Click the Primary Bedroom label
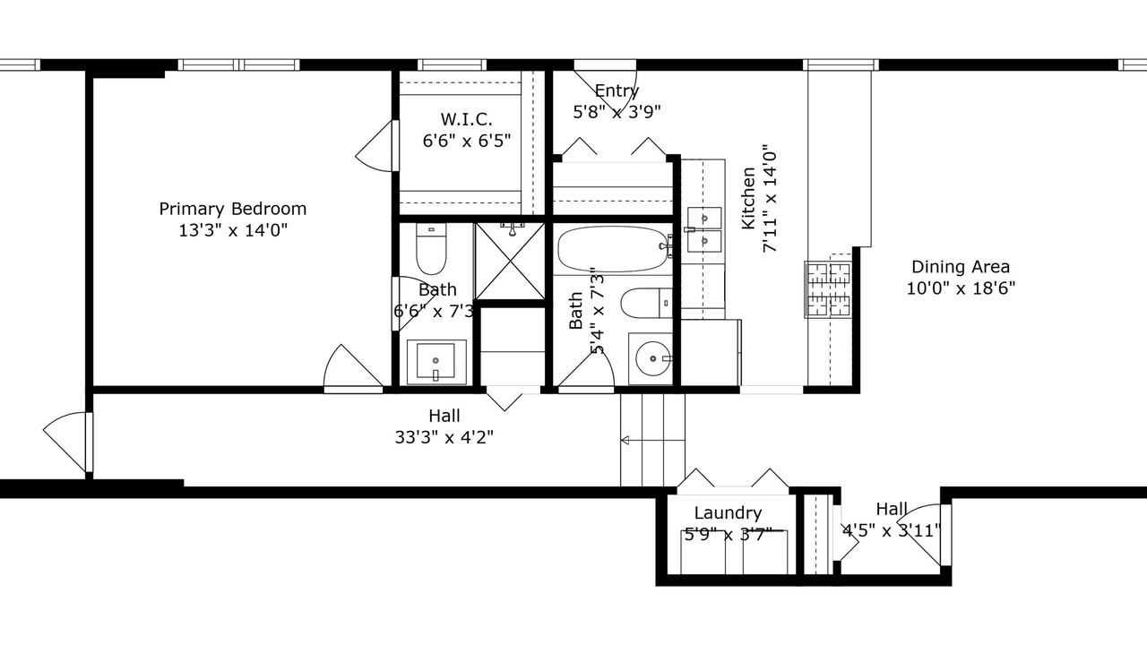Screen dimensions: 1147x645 click(x=232, y=209)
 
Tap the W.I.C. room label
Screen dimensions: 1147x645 click(x=467, y=119)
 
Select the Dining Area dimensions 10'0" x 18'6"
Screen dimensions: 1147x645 click(x=961, y=288)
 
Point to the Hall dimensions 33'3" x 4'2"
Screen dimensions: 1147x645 click(x=444, y=437)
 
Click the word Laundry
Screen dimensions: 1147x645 click(x=728, y=513)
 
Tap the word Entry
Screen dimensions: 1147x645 click(x=617, y=91)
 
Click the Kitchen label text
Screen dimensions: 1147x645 click(x=748, y=198)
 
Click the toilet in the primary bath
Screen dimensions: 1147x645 click(x=431, y=249)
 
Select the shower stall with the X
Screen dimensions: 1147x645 click(x=510, y=261)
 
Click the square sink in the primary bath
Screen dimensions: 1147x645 click(x=436, y=361)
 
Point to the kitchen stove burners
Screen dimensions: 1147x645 click(x=828, y=289)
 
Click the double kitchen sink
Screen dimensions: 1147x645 click(x=704, y=230)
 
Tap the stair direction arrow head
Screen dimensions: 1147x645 click(x=625, y=440)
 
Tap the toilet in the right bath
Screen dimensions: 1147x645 click(x=646, y=303)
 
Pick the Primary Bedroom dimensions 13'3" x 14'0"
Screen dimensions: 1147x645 click(x=232, y=230)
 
